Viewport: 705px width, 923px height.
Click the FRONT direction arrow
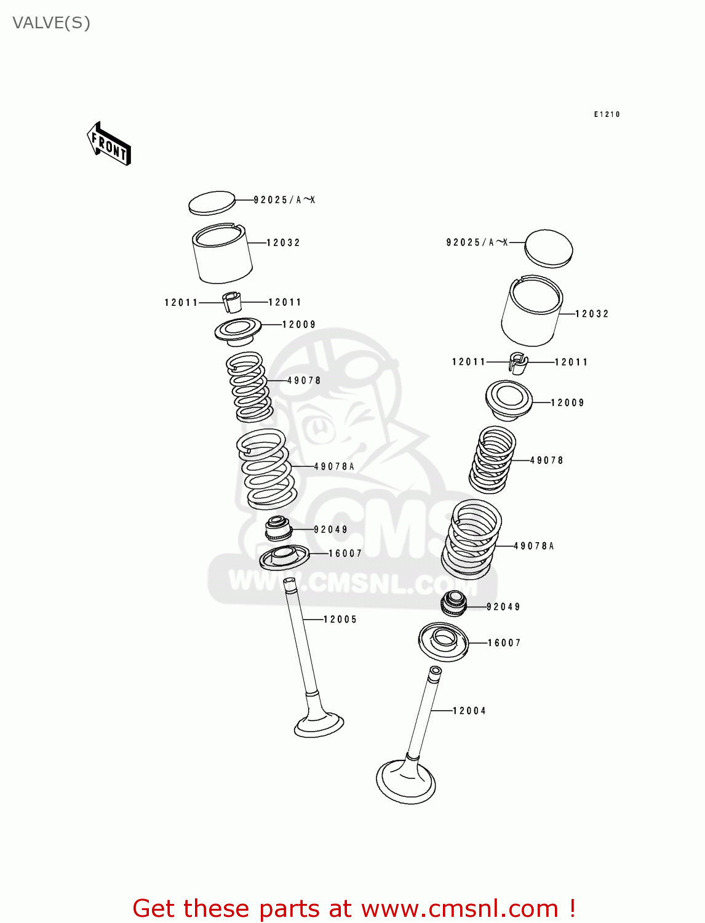tap(110, 144)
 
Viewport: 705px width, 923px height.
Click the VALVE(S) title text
tap(51, 23)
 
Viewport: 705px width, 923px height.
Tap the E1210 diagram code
tap(607, 114)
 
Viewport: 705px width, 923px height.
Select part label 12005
tap(340, 620)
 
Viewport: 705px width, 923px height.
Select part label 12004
tap(469, 711)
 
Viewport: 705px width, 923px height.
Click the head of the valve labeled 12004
tap(405, 783)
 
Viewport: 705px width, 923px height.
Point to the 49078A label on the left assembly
tap(334, 466)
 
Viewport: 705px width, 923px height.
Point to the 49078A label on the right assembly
tap(534, 546)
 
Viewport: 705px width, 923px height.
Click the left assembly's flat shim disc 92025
tap(212, 202)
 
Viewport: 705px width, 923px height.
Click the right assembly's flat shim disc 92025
tap(549, 249)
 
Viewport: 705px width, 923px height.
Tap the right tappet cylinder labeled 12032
tap(532, 311)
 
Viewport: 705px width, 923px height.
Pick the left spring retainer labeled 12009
tap(238, 331)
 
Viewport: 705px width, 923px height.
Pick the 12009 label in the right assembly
tap(567, 402)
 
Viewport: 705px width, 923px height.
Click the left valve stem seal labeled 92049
tap(278, 528)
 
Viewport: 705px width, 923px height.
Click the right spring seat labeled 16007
tap(444, 641)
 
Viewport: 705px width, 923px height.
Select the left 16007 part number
tap(345, 554)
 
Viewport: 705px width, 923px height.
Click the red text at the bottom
tap(354, 908)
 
